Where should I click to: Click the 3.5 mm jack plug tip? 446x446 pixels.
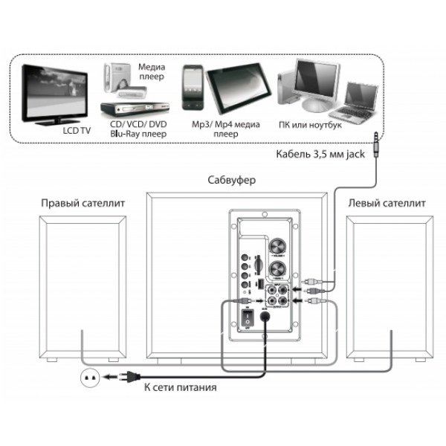(x=375, y=135)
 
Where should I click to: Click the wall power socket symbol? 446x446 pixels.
(x=91, y=378)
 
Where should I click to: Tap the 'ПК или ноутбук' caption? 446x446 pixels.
(x=310, y=126)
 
